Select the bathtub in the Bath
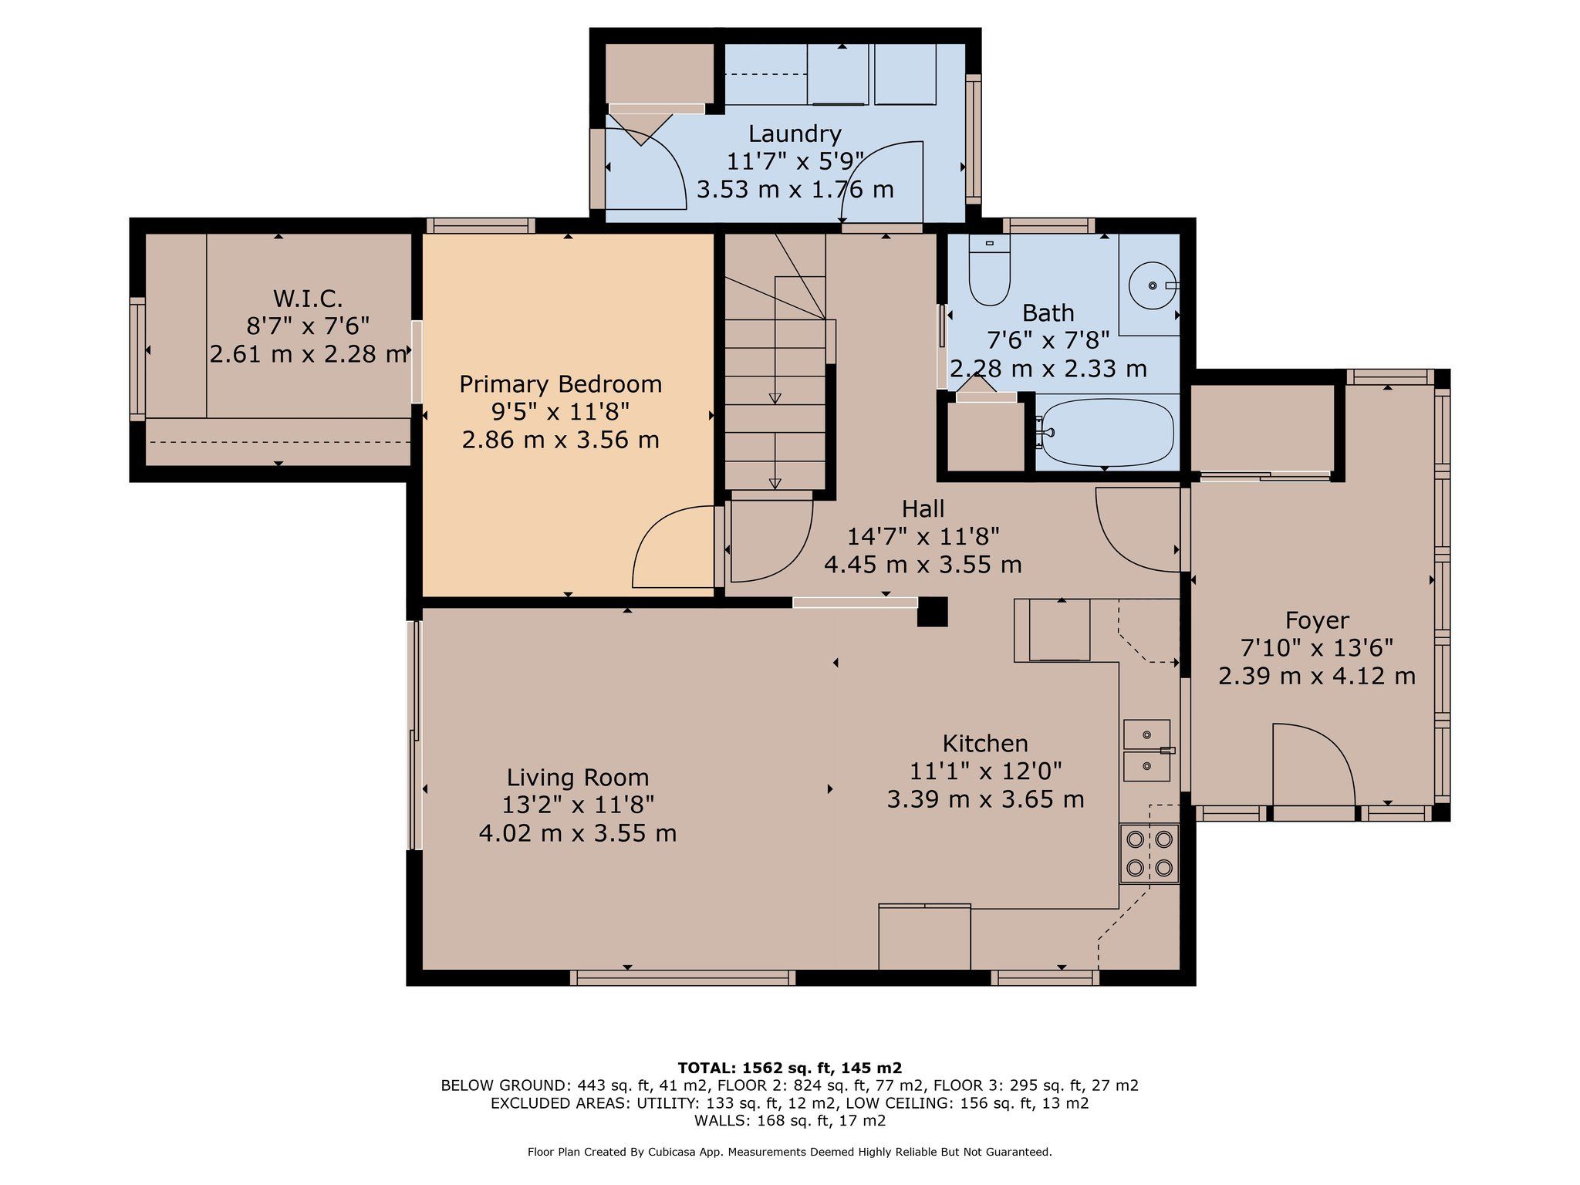(x=1106, y=433)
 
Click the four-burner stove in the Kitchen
(x=1149, y=853)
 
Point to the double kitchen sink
(x=1148, y=751)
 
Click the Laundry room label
(x=795, y=133)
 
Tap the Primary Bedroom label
(x=560, y=384)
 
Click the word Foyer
(x=1317, y=620)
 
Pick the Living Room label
(x=578, y=778)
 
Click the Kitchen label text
(x=985, y=744)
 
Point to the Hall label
(x=923, y=509)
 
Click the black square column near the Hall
(x=932, y=613)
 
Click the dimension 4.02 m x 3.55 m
(x=578, y=833)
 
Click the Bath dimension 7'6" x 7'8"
(x=1048, y=340)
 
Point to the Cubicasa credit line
(x=789, y=1152)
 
